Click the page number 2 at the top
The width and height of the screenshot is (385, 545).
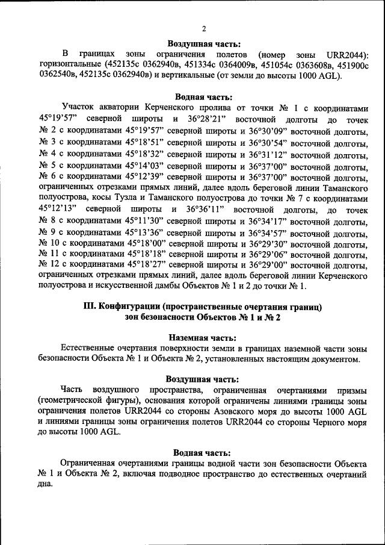(204, 28)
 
